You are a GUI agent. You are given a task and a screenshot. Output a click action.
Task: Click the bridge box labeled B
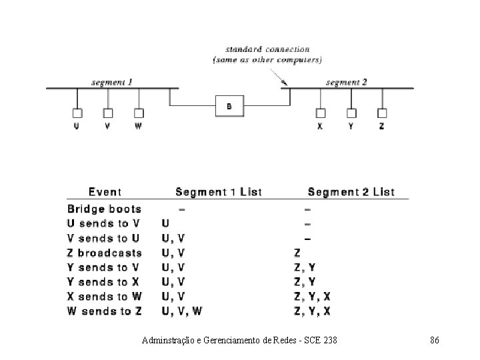click(227, 106)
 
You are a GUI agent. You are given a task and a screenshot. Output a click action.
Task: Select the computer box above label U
click(77, 113)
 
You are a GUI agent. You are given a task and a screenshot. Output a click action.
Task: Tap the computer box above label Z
click(382, 113)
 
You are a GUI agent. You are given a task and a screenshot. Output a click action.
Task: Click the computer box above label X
click(320, 113)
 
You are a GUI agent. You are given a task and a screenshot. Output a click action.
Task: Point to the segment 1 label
click(112, 83)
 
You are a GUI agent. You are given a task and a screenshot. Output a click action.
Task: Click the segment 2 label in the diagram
click(346, 83)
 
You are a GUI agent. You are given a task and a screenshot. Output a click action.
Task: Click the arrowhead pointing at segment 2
click(285, 85)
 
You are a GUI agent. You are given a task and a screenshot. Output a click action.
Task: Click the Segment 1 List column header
click(218, 192)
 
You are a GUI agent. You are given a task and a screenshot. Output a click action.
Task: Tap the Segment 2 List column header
click(351, 192)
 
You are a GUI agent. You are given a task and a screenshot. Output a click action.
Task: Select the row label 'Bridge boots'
click(105, 209)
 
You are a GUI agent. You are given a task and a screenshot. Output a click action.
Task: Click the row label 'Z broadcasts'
click(105, 253)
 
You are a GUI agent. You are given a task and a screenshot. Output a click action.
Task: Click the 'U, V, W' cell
click(182, 311)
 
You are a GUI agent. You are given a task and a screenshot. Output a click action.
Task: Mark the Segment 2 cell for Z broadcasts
click(298, 253)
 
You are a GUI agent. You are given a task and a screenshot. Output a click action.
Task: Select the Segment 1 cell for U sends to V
click(165, 224)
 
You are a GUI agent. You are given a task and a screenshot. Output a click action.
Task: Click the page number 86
click(434, 341)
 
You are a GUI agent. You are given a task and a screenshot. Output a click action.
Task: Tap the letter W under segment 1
click(138, 127)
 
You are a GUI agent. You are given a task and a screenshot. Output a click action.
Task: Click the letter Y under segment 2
click(351, 127)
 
